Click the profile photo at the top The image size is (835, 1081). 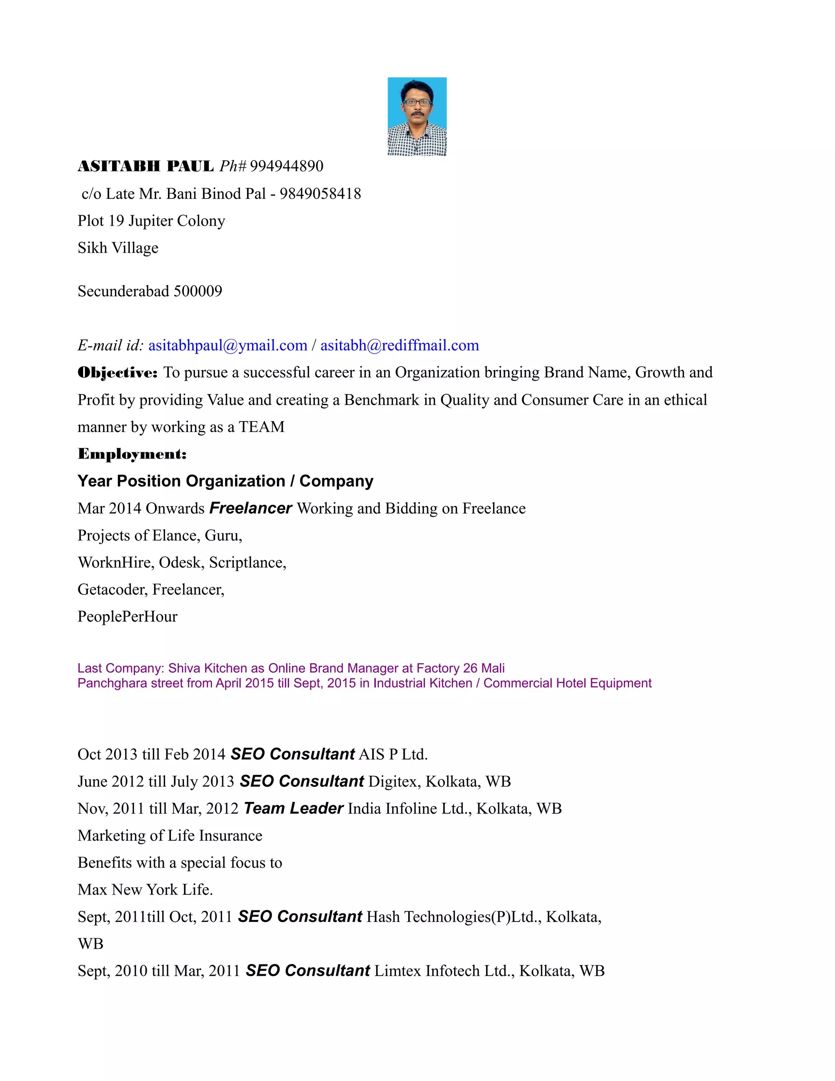click(x=417, y=116)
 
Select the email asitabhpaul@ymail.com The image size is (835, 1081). click(x=228, y=346)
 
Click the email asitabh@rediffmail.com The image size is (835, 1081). click(x=400, y=346)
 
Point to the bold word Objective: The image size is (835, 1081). click(x=118, y=373)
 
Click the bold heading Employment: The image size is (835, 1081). click(x=132, y=454)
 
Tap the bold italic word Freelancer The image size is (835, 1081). click(x=251, y=508)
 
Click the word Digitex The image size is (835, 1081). click(x=394, y=782)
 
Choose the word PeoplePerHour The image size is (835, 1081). click(x=128, y=617)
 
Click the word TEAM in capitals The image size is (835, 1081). click(x=262, y=427)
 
